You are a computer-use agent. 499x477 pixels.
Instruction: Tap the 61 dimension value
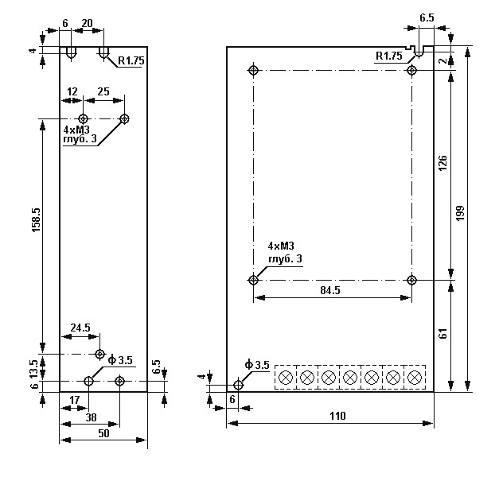(443, 334)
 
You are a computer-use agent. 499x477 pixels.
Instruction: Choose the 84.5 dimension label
(331, 291)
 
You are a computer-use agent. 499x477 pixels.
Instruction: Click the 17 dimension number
(74, 399)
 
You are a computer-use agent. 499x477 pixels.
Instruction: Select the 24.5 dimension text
(80, 327)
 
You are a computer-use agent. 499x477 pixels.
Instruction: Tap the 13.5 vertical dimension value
(33, 368)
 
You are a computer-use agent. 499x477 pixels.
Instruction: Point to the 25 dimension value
(103, 91)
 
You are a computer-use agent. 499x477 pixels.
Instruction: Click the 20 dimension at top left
(88, 23)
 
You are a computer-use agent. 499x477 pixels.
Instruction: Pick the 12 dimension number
(72, 91)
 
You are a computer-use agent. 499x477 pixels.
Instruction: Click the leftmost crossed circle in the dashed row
(285, 377)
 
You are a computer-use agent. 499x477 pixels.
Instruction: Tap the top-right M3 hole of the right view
(411, 71)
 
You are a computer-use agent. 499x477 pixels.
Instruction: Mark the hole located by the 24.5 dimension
(99, 354)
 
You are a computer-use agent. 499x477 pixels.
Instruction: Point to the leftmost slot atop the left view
(72, 53)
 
